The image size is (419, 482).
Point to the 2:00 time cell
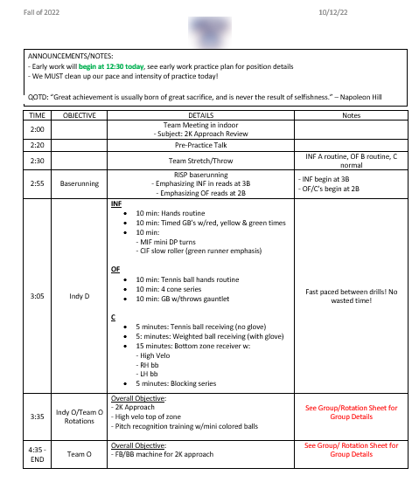click(x=38, y=129)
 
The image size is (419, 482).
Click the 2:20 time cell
click(x=38, y=145)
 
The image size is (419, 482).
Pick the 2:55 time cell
click(x=38, y=184)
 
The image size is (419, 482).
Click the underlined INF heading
click(x=116, y=203)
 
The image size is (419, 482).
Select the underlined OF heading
click(x=115, y=270)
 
